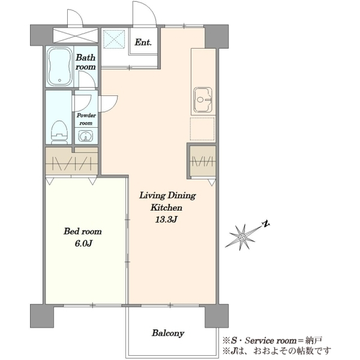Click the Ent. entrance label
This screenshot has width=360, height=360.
(x=143, y=42)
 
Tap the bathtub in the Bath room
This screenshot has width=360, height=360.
(x=59, y=67)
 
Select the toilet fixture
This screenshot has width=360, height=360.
(x=59, y=133)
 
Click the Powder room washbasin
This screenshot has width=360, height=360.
(x=86, y=136)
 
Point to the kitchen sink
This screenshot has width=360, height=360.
(x=203, y=100)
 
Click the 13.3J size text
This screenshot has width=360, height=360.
(x=166, y=220)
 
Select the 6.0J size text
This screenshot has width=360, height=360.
(x=83, y=244)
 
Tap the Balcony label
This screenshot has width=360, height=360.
(x=168, y=333)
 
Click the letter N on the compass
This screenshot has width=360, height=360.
(x=266, y=224)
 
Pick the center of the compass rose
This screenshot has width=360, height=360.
(x=242, y=237)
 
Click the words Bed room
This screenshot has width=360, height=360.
(x=83, y=231)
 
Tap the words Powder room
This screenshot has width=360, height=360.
(x=86, y=119)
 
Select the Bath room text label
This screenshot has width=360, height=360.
(x=86, y=62)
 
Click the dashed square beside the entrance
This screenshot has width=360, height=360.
(x=114, y=39)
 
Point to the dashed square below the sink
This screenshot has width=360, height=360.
(x=202, y=129)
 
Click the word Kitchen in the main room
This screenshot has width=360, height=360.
(x=166, y=208)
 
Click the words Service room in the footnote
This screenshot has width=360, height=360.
(x=271, y=340)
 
